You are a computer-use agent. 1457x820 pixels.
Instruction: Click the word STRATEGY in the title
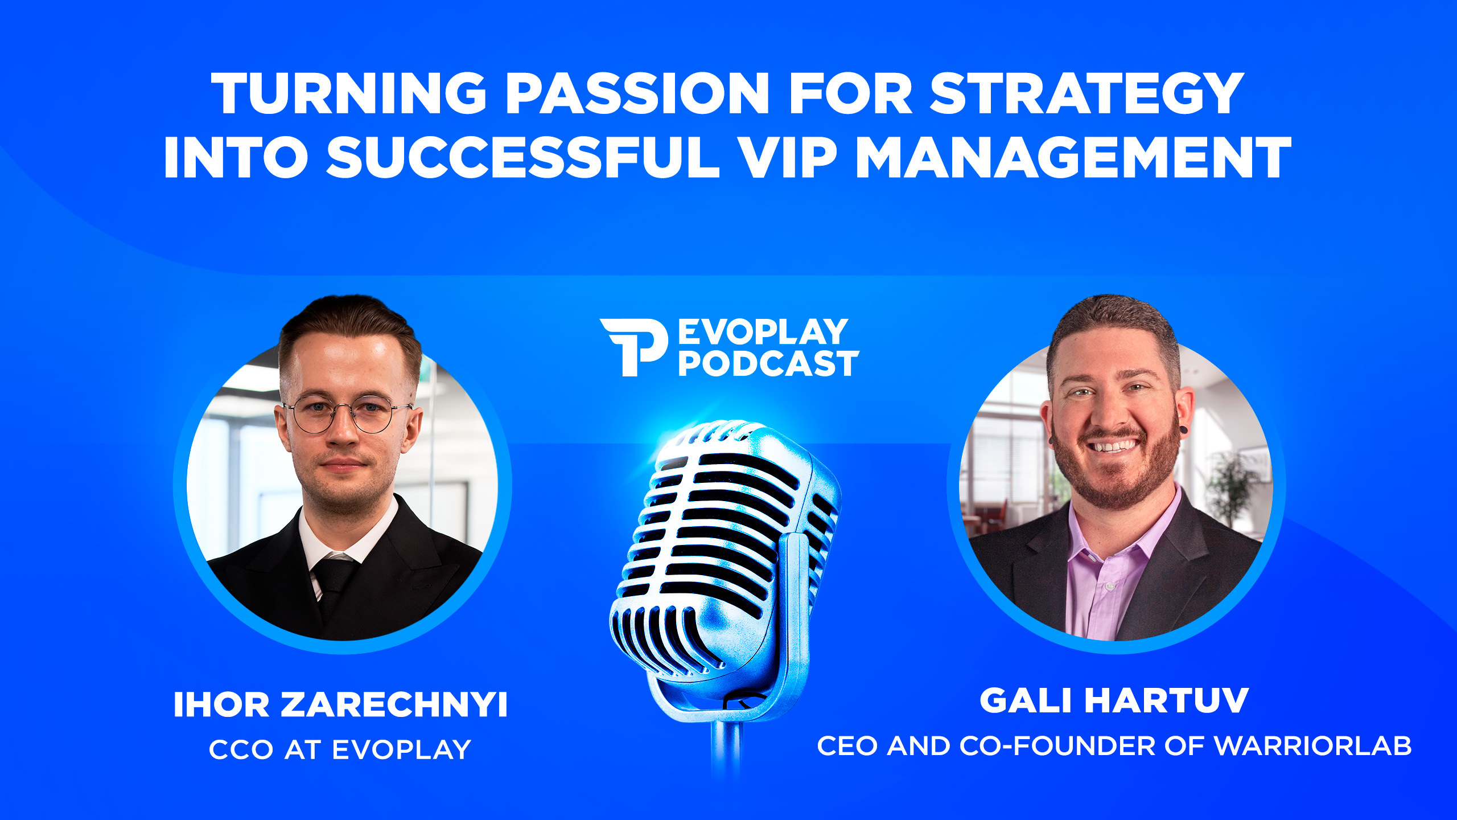(1086, 93)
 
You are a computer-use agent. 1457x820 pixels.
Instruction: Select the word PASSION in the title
(638, 93)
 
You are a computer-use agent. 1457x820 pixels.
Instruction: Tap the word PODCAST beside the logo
(768, 364)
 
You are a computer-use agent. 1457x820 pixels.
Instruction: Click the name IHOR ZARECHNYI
(340, 704)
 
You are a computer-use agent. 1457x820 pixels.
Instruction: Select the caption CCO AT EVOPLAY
(340, 749)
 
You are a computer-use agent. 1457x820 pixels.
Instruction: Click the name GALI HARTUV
(1114, 700)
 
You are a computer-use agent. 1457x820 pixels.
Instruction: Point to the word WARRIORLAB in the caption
(1313, 746)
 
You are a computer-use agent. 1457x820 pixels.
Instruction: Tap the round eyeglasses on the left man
(347, 414)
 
